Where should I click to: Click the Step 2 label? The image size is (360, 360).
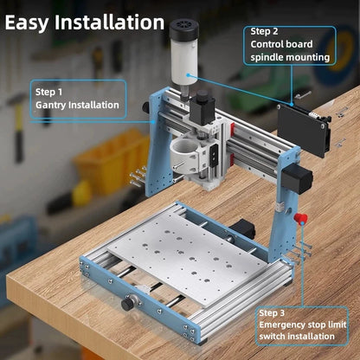tap(266, 29)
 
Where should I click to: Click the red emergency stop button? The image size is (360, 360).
tap(301, 219)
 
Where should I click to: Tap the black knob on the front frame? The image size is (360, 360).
tap(128, 304)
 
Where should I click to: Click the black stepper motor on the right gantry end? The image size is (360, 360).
tap(298, 180)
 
